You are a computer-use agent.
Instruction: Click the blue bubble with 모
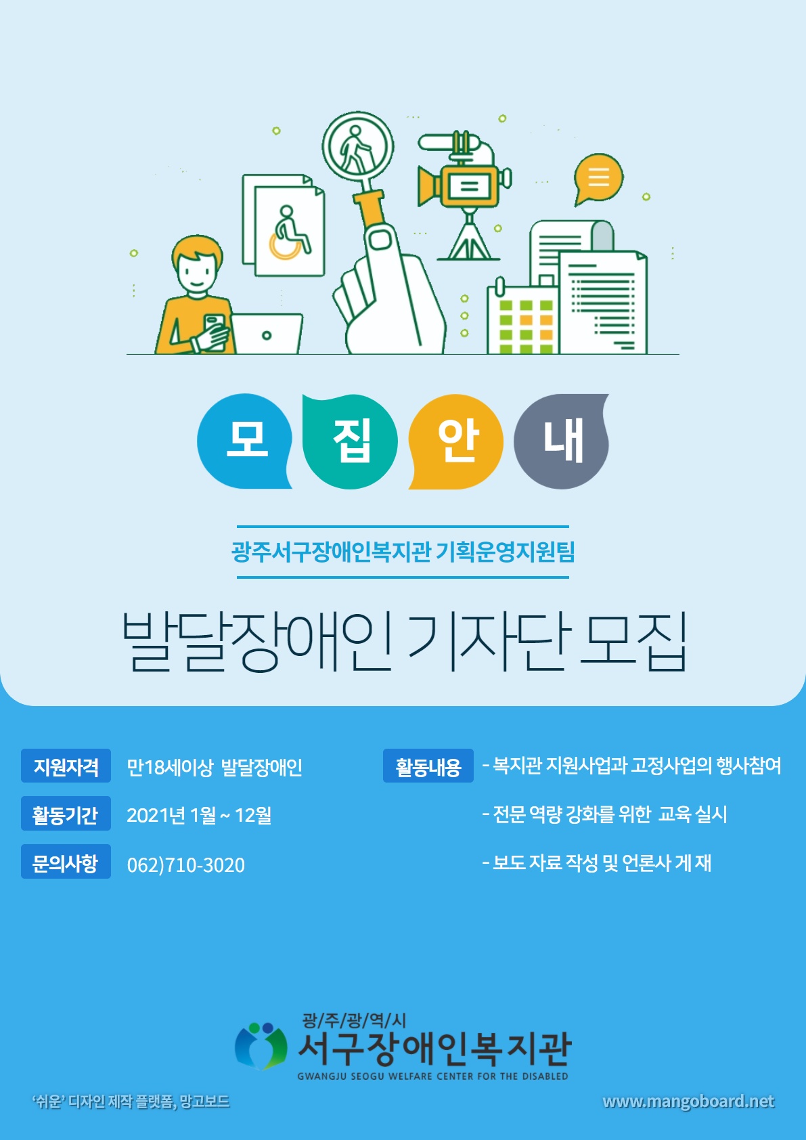[x=244, y=441]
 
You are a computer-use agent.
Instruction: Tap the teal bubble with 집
[x=350, y=441]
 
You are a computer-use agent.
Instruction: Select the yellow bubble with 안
[x=456, y=441]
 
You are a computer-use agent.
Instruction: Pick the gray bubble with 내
[x=561, y=441]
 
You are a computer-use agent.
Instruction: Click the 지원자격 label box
[x=66, y=766]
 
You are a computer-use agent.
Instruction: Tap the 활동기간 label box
[x=66, y=813]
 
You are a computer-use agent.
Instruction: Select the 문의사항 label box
[x=66, y=862]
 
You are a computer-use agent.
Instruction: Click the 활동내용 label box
[x=428, y=766]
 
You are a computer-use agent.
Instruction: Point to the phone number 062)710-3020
[x=185, y=865]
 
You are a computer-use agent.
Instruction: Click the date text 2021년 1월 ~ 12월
[x=199, y=815]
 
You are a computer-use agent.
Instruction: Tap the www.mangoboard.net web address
[x=688, y=1102]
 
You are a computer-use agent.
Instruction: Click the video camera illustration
[x=464, y=195]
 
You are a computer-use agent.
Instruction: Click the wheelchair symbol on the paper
[x=290, y=233]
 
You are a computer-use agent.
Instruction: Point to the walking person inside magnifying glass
[x=355, y=149]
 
